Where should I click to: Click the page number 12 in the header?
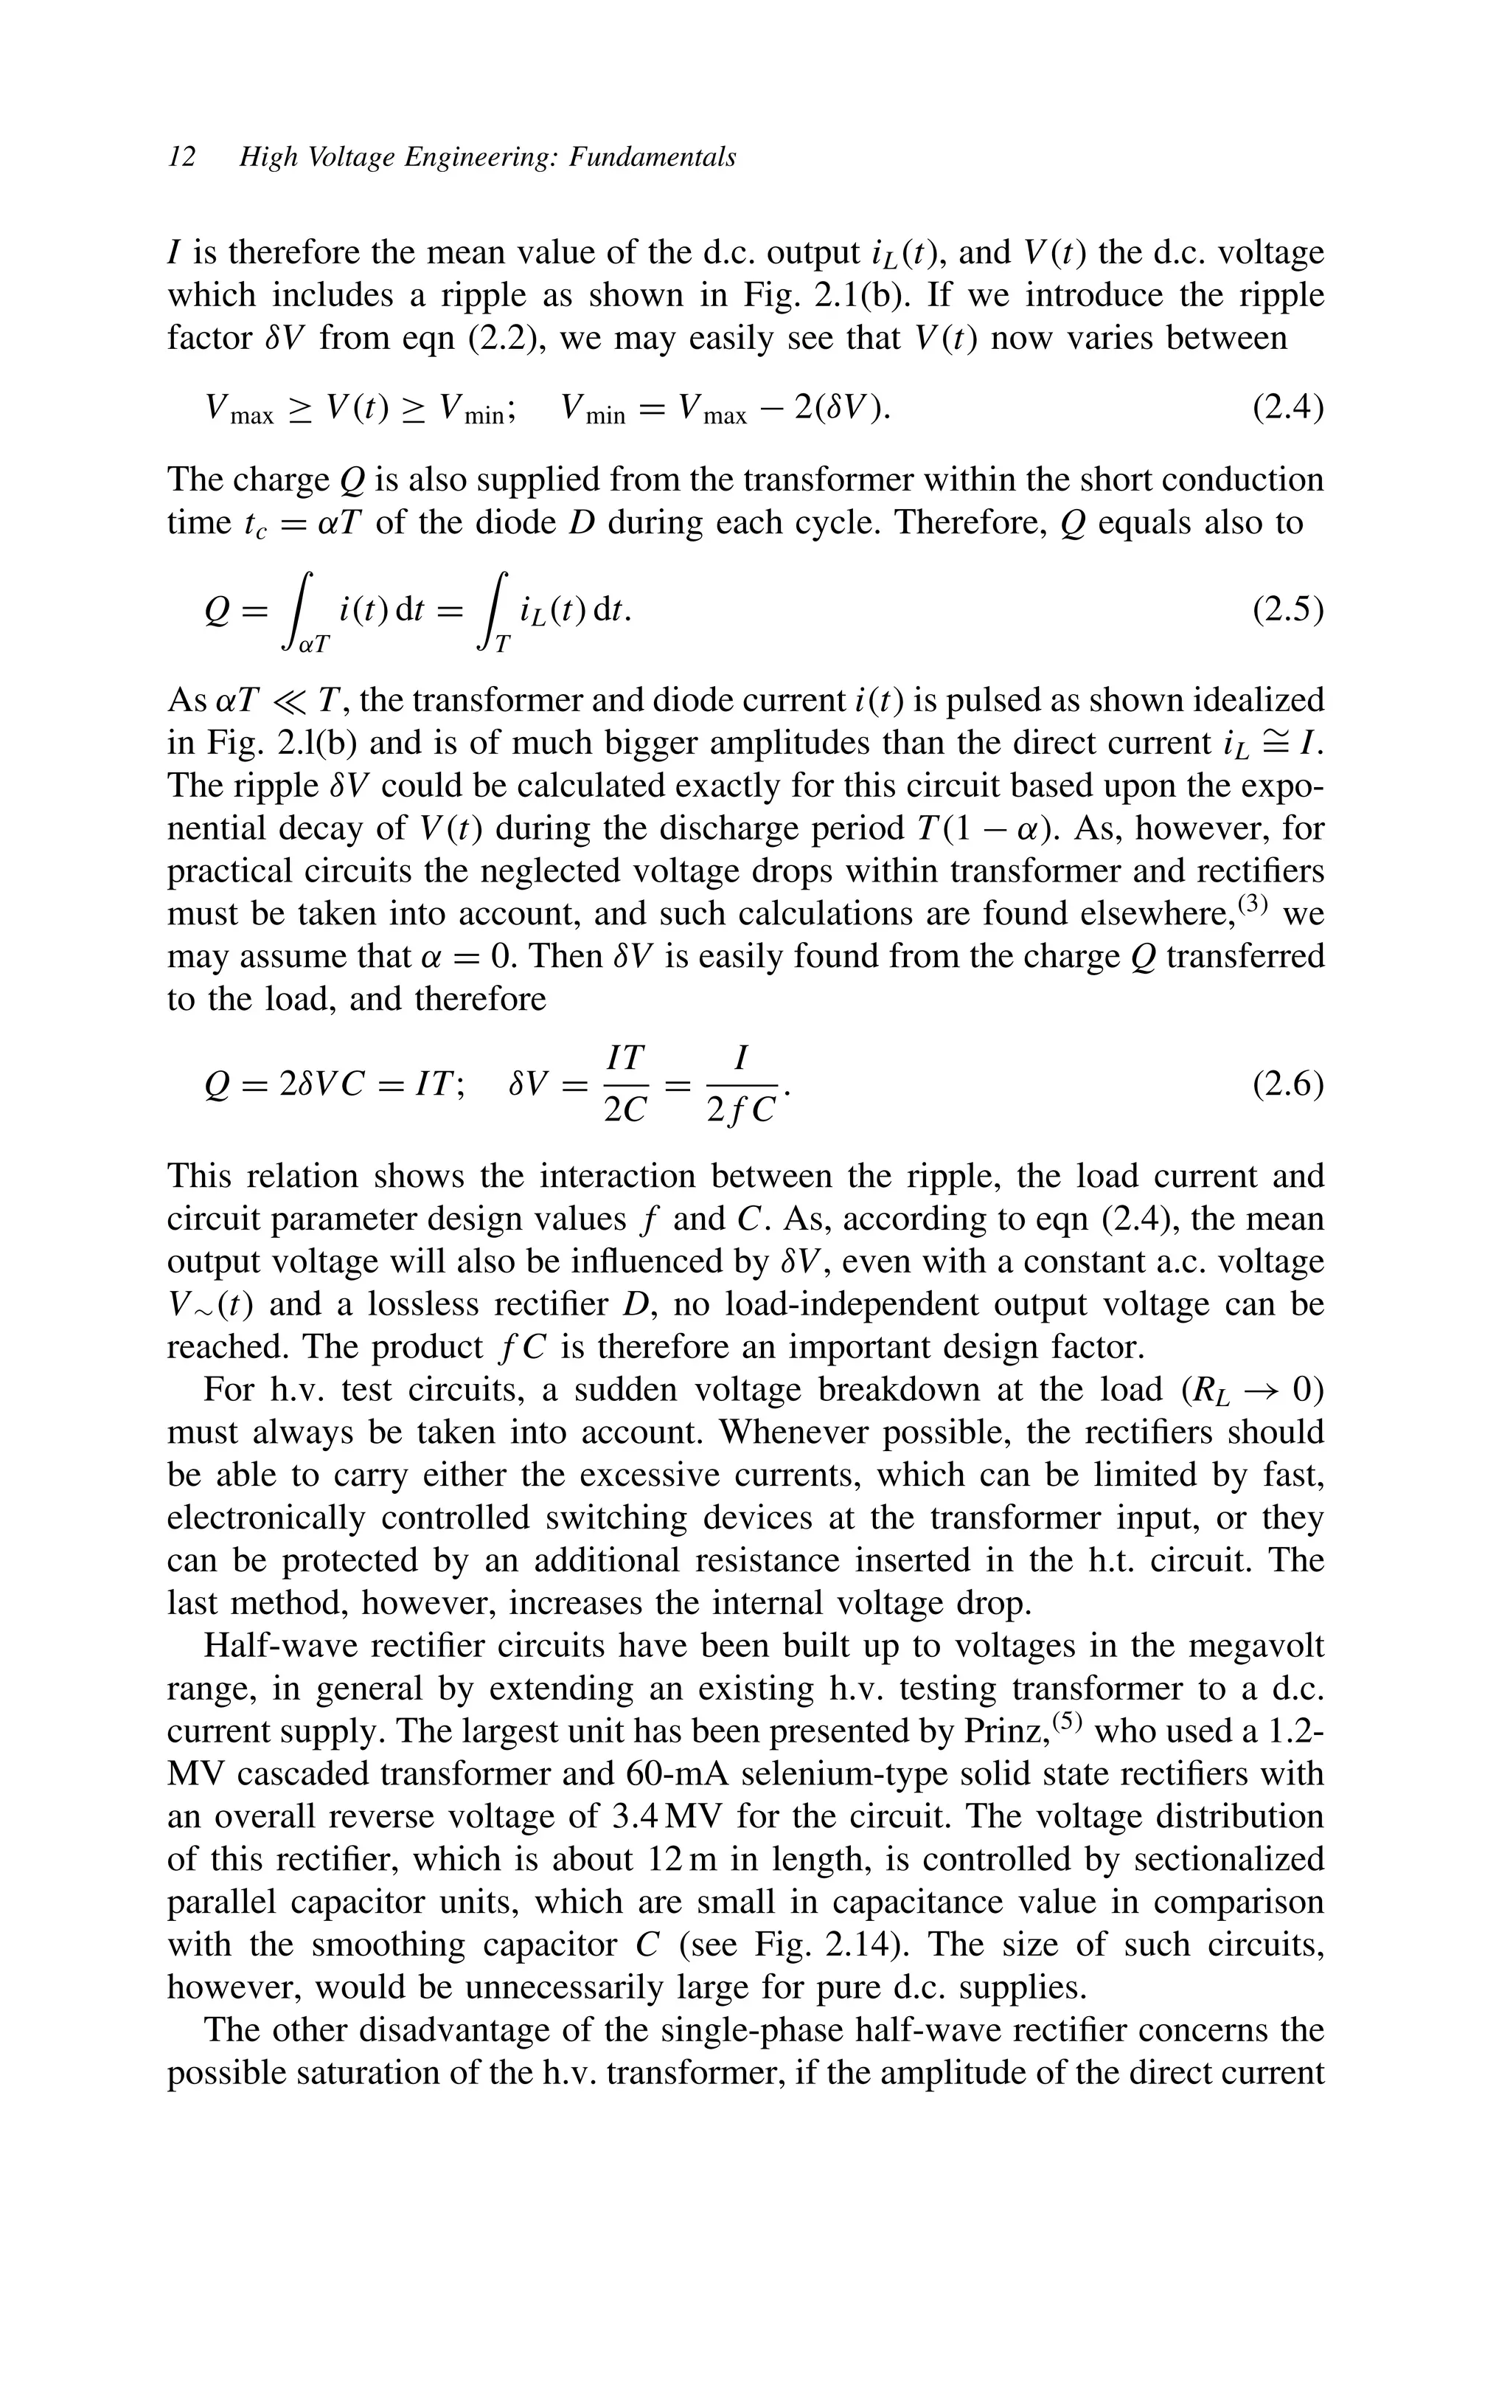click(x=182, y=157)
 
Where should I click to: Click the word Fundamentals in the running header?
click(x=653, y=157)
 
